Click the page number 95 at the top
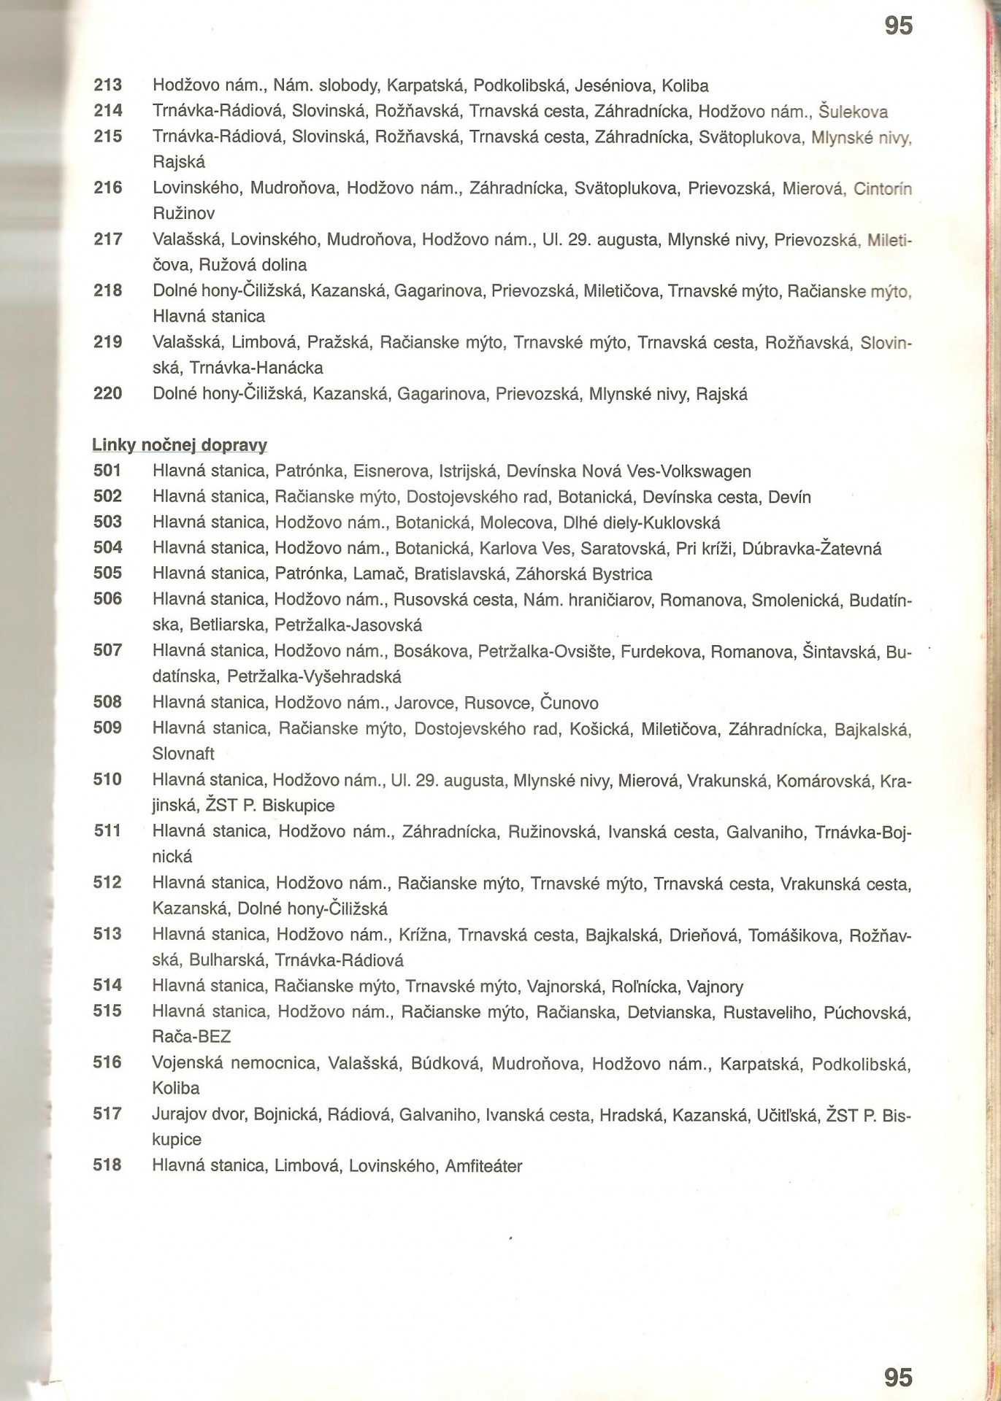click(x=898, y=26)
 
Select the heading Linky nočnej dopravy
click(x=180, y=445)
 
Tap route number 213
click(x=108, y=86)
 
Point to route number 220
click(x=108, y=394)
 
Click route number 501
click(x=108, y=471)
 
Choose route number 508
click(x=108, y=703)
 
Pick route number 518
click(x=108, y=1165)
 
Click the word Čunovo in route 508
click(x=569, y=703)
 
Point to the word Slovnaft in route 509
click(x=183, y=753)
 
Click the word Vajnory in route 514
click(x=715, y=987)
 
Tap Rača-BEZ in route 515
click(x=192, y=1036)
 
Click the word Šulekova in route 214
click(x=854, y=112)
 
